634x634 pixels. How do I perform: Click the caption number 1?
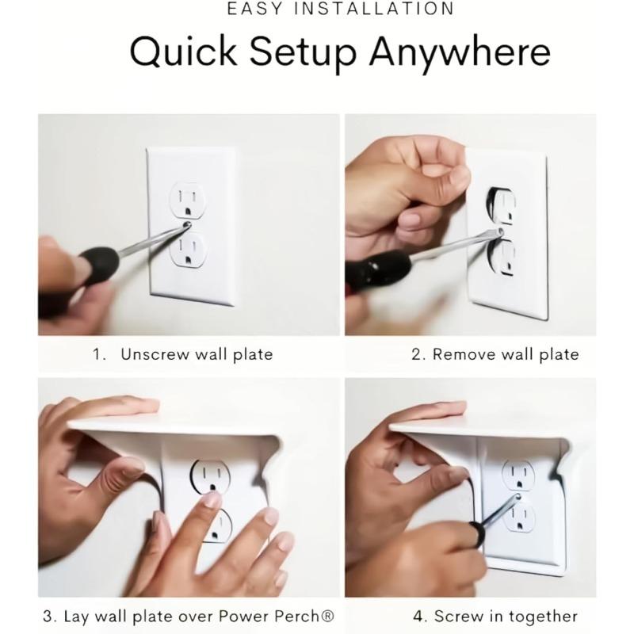(98, 354)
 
